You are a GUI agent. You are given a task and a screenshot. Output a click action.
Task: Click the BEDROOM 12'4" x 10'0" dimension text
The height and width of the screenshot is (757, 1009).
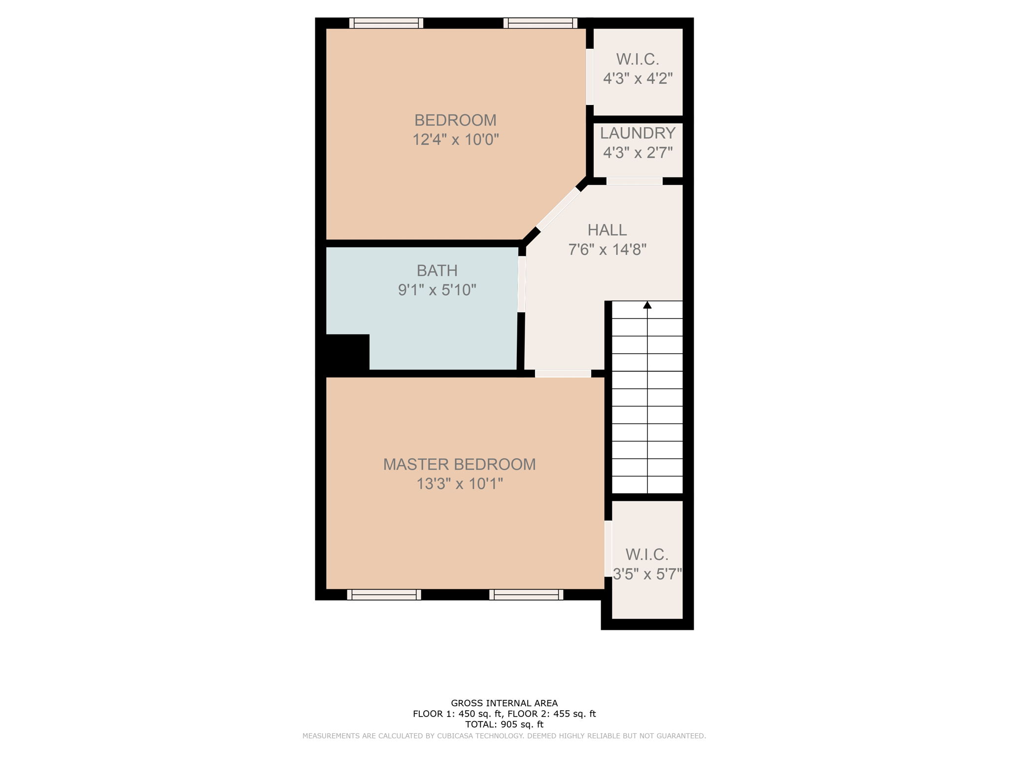click(x=455, y=140)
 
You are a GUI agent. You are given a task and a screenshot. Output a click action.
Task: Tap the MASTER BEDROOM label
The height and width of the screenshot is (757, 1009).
click(x=459, y=464)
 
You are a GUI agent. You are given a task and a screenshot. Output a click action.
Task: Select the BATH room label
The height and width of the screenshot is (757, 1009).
click(x=437, y=271)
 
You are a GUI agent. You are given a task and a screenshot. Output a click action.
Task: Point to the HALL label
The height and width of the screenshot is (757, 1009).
click(x=607, y=230)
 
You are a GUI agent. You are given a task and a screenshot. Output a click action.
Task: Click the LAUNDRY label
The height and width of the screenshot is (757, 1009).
click(x=638, y=133)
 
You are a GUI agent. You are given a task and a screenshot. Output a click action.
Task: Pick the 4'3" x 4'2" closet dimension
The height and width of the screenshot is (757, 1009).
click(x=638, y=78)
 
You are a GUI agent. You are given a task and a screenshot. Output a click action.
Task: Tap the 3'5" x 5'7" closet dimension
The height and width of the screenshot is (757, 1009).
click(x=647, y=574)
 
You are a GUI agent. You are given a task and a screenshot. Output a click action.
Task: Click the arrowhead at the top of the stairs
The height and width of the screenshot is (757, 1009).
click(x=647, y=305)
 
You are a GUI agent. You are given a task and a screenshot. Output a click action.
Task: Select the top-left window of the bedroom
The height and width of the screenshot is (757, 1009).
click(x=386, y=23)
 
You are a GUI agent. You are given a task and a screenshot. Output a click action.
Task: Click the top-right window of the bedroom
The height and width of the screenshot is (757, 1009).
click(x=540, y=23)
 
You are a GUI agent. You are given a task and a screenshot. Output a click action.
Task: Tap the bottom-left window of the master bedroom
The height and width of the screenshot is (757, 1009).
click(x=384, y=595)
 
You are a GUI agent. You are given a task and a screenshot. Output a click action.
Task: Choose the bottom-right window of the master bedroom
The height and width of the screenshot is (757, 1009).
click(x=526, y=595)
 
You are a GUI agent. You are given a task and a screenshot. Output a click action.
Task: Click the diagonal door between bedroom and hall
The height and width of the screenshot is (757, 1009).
click(x=558, y=209)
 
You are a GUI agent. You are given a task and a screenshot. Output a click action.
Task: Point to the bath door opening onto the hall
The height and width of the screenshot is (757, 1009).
click(x=521, y=284)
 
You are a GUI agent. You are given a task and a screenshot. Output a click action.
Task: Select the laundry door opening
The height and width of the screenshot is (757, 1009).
click(x=634, y=181)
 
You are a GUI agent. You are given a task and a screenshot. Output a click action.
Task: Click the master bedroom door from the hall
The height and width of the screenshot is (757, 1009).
click(x=563, y=374)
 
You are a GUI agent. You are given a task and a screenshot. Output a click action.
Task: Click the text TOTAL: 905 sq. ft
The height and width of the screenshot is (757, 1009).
click(x=504, y=724)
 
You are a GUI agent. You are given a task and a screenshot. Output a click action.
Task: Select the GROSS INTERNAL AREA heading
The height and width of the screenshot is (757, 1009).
click(x=504, y=703)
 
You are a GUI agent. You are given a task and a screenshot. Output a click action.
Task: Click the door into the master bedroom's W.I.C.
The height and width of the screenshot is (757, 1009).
click(x=608, y=549)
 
